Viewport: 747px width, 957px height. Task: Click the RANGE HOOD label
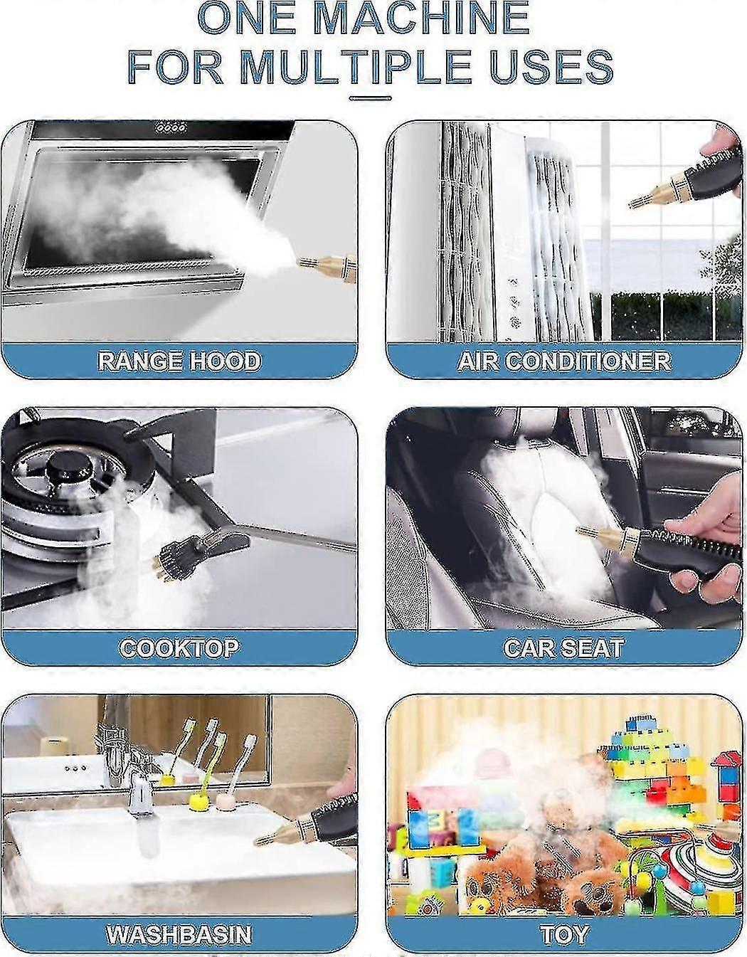[x=179, y=361]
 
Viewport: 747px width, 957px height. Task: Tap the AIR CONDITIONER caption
[x=564, y=361]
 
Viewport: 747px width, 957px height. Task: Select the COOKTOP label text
[x=179, y=647]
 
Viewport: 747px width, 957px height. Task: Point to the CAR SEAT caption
[x=564, y=647]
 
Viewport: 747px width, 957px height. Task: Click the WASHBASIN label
[x=179, y=934]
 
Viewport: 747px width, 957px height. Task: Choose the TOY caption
[x=564, y=934]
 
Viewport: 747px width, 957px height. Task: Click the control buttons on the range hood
[x=171, y=129]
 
